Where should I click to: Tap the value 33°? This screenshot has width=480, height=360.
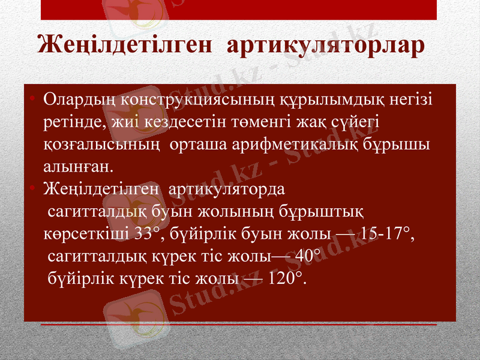(148, 233)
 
